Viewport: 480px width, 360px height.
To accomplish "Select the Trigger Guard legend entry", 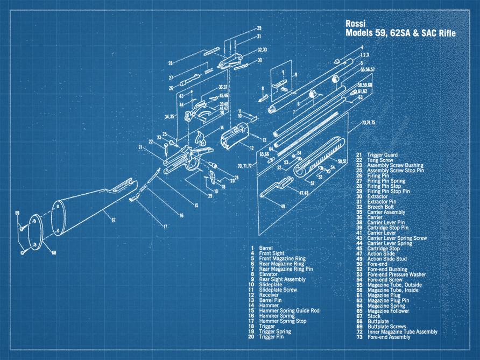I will tap(383, 155).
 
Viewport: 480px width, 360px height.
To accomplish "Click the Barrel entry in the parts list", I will tap(266, 248).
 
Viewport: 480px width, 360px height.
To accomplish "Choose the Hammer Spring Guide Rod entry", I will tap(289, 310).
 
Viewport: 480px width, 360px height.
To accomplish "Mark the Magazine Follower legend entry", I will tap(389, 310).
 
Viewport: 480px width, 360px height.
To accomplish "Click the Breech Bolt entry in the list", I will tap(382, 207).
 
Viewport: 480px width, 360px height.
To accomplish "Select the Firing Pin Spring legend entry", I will tap(386, 181).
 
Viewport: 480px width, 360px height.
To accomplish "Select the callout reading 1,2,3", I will tap(365, 55).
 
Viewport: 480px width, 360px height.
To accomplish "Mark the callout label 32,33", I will tap(263, 50).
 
